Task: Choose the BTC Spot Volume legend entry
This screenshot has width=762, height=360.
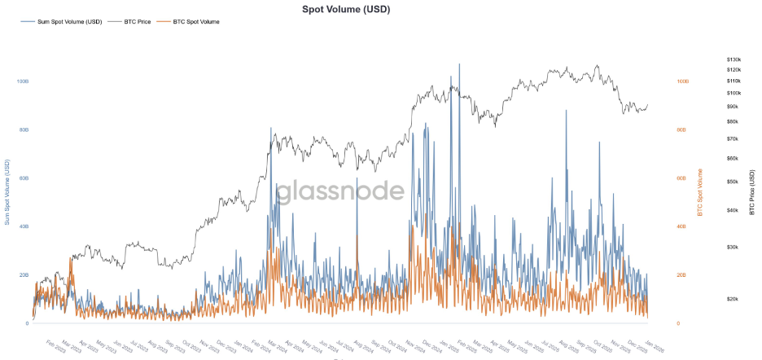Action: coord(196,21)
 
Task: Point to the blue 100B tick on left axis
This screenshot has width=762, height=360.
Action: coord(23,81)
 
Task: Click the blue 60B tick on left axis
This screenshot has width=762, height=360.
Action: coord(23,178)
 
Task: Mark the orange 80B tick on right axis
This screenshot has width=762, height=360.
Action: coord(683,130)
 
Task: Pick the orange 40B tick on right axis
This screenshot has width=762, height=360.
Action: coord(683,226)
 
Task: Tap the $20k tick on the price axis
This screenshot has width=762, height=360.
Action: coord(732,299)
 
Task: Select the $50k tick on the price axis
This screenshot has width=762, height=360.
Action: coord(732,182)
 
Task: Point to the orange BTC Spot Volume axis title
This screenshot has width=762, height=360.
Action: coord(698,192)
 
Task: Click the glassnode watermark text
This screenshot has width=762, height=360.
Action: coord(339,192)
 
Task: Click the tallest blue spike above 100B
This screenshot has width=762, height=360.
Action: coord(459,65)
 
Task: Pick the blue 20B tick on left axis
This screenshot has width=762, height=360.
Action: coord(23,274)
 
